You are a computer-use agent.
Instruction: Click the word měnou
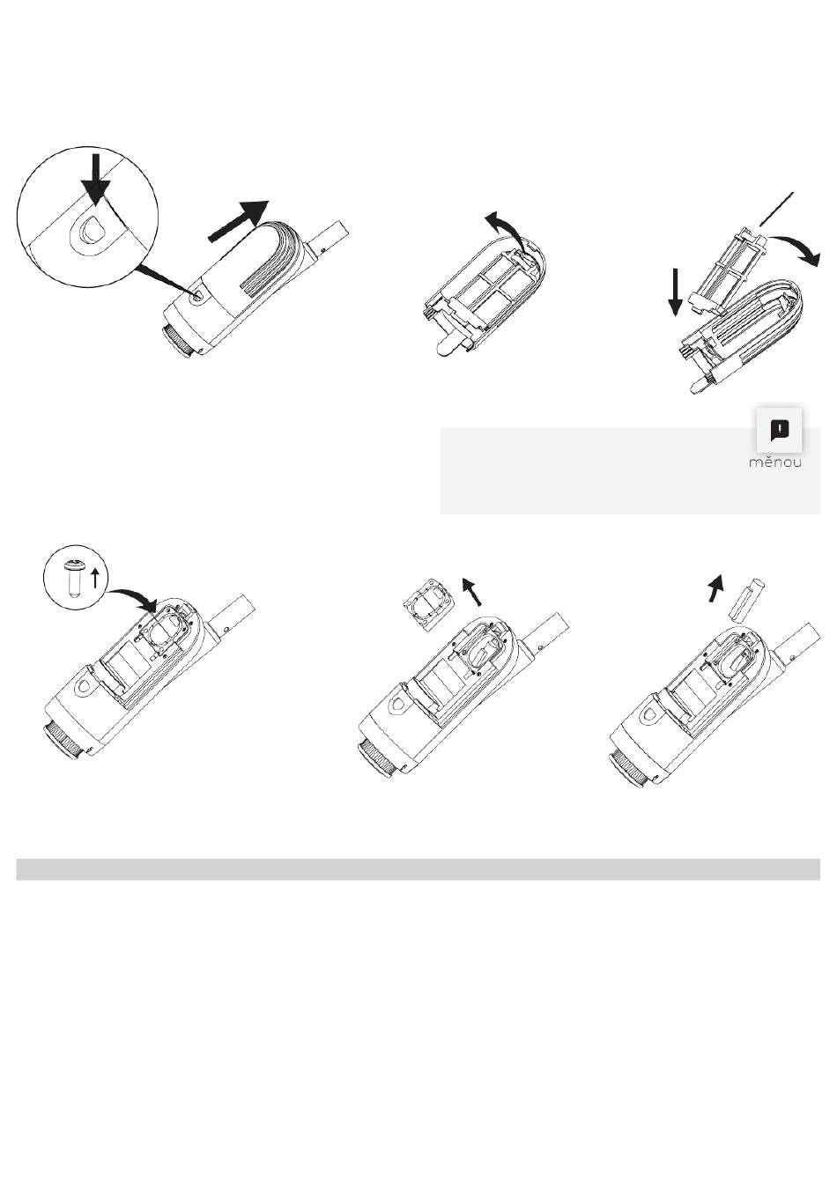pos(775,462)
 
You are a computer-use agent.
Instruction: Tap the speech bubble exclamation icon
pos(780,430)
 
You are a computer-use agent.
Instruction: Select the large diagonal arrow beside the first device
pos(238,220)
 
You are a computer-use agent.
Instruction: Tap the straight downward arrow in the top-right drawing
pos(675,293)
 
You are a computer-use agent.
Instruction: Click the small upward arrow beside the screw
pos(94,580)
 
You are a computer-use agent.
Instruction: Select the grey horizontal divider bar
pos(418,869)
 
